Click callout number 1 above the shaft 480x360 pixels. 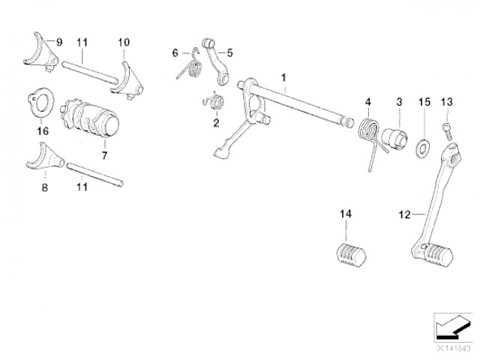pyautogui.click(x=284, y=77)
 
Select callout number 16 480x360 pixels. pyautogui.click(x=42, y=130)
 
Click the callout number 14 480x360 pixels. pyautogui.click(x=345, y=215)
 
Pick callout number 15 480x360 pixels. pyautogui.click(x=424, y=100)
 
